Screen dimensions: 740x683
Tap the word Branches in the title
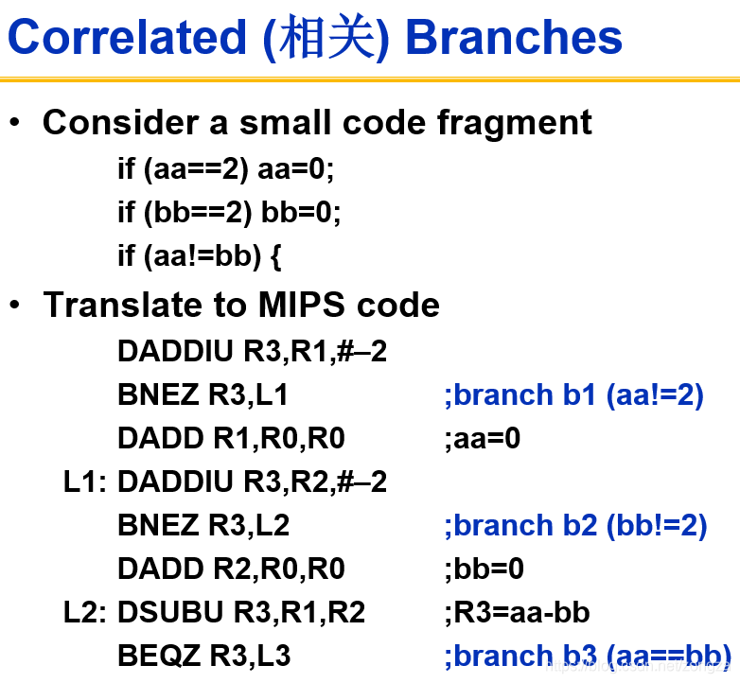point(514,37)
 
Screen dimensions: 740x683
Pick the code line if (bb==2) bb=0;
point(229,212)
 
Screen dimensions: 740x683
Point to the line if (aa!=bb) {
point(200,255)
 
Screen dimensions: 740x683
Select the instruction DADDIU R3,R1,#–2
point(252,351)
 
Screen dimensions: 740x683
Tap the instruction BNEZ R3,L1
point(203,394)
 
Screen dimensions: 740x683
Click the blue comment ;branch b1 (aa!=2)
point(573,394)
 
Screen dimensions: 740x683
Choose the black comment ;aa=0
point(483,438)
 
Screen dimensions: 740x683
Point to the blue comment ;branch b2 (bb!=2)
point(575,525)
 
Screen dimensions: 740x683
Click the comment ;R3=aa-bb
point(517,612)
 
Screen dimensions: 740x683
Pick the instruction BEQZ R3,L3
point(204,656)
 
